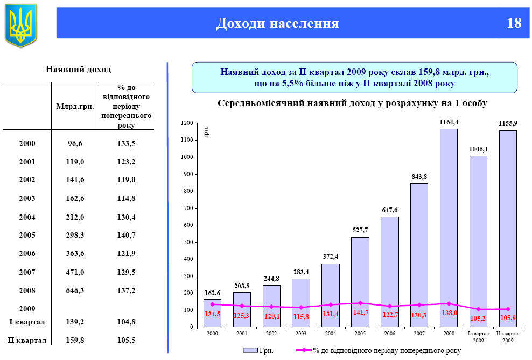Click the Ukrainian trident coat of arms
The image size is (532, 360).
click(21, 25)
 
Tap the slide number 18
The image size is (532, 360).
click(514, 23)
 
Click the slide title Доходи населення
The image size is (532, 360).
click(277, 23)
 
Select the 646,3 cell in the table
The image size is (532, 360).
click(75, 290)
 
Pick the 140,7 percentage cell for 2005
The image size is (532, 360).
click(126, 236)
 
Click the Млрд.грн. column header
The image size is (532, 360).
click(75, 106)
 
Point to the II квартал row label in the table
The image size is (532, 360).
click(27, 340)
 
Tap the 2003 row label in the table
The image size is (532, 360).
click(27, 199)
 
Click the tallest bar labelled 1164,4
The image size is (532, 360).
click(449, 226)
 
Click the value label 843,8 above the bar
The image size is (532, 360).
click(419, 176)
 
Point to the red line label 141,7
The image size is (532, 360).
click(360, 313)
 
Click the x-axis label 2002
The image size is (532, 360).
click(271, 334)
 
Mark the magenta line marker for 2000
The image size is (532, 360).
click(212, 304)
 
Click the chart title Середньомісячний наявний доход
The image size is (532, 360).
click(352, 103)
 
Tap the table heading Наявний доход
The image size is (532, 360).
click(79, 70)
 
